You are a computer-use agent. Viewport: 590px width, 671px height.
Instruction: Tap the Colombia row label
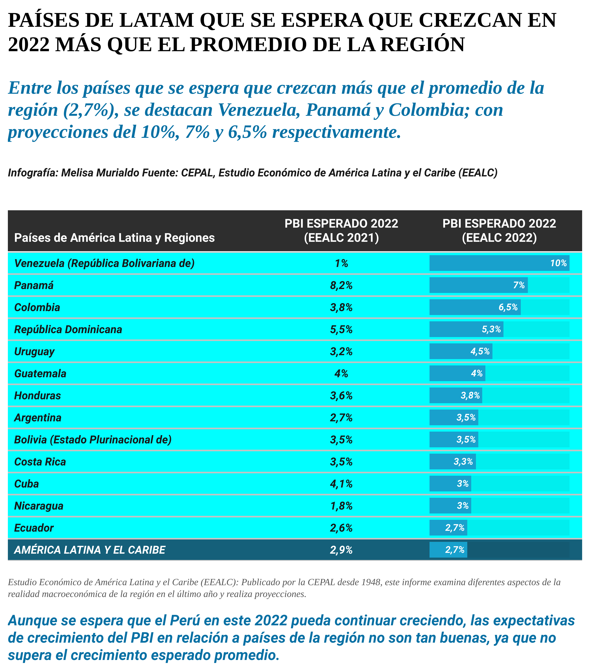[37, 307]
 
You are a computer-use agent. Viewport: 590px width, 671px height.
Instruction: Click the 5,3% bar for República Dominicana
[466, 329]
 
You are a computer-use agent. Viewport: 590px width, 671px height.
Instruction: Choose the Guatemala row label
[40, 373]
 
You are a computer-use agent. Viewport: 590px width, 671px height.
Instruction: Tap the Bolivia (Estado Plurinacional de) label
[93, 440]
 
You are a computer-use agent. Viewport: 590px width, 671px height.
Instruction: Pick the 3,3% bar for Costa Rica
[453, 462]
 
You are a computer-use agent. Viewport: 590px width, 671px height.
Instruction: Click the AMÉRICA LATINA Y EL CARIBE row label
[89, 550]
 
